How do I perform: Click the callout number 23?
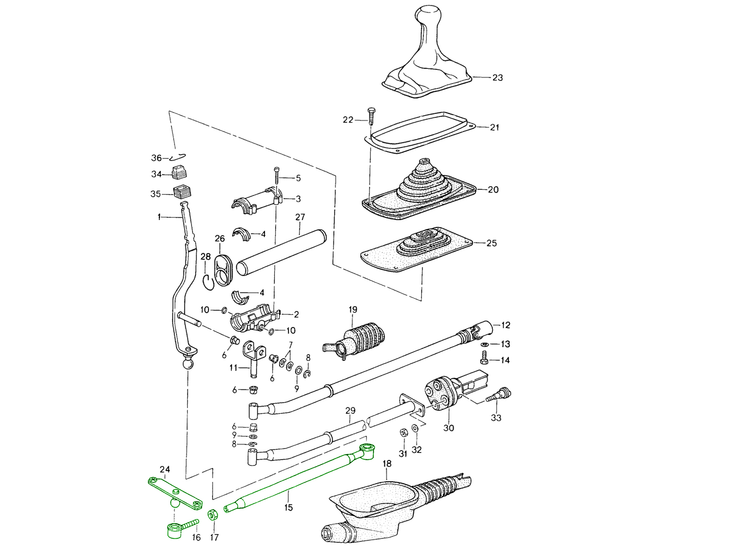coord(497,78)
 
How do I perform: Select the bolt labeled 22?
coord(370,116)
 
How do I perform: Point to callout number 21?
coord(495,127)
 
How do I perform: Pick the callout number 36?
coord(156,158)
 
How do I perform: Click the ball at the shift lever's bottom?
coord(188,364)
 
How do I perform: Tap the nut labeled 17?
coord(212,515)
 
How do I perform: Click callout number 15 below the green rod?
coord(288,507)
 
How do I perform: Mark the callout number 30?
coord(448,428)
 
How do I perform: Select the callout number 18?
coord(387,464)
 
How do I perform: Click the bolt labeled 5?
coord(277,173)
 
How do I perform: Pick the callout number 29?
coord(350,411)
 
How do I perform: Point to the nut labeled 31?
coord(403,432)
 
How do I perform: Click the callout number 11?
coord(233,368)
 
